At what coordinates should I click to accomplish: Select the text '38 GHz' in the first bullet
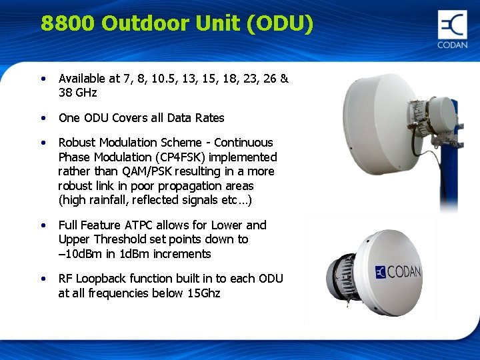pos(77,93)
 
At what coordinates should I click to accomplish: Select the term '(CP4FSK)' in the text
pos(177,157)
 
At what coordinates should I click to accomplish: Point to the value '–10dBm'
pos(79,254)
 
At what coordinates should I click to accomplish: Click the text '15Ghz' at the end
pos(204,293)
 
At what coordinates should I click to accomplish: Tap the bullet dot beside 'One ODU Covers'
pos(43,118)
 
